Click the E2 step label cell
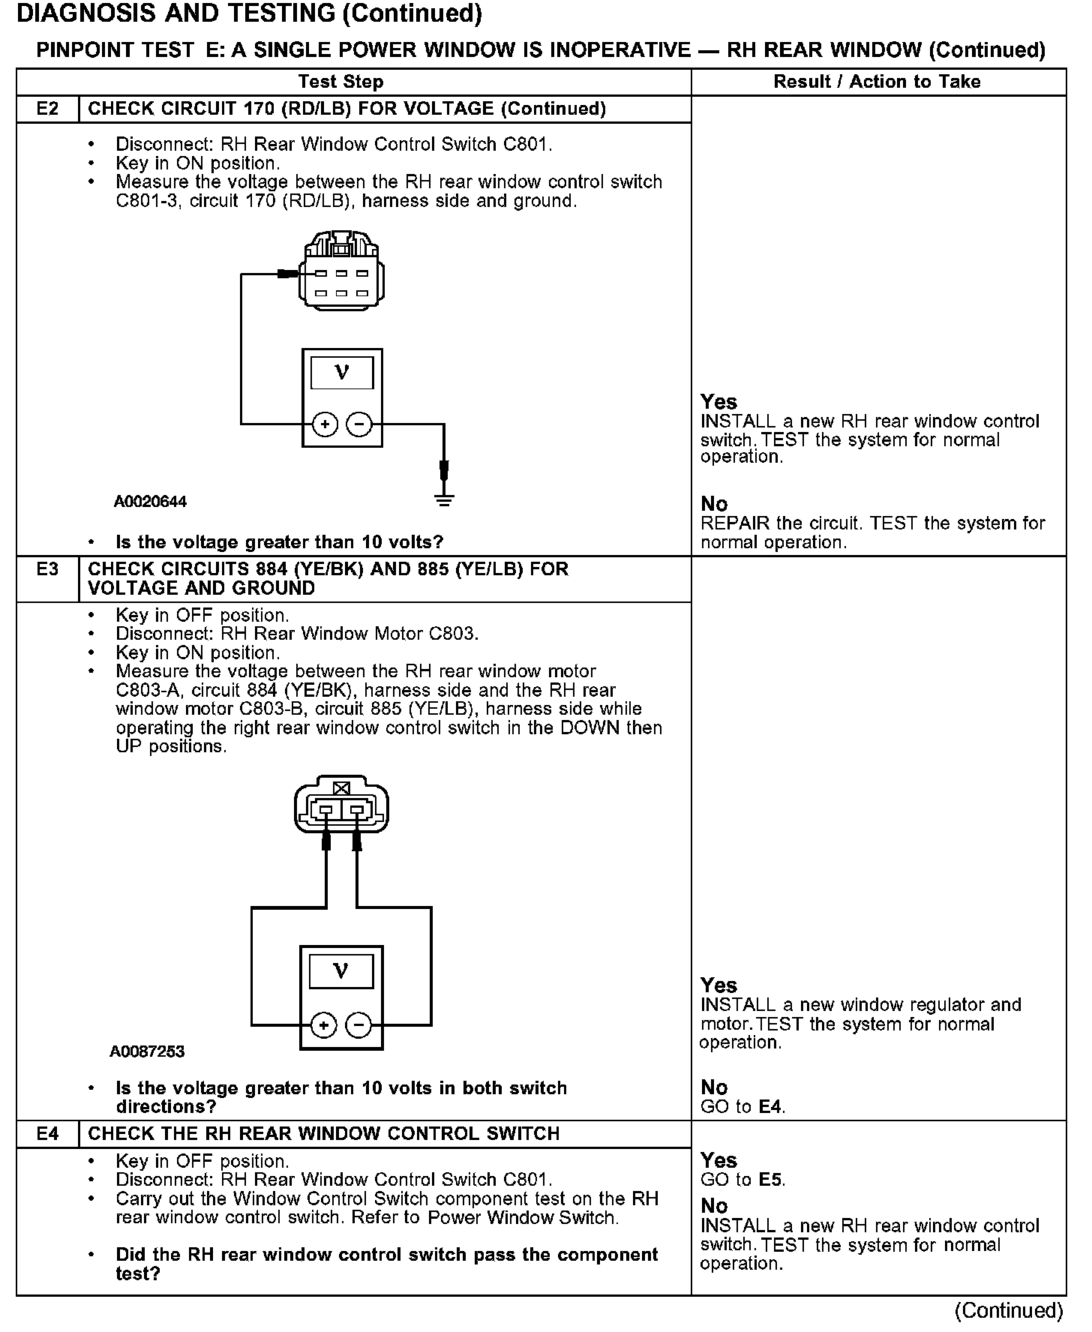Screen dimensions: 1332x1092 click(x=47, y=109)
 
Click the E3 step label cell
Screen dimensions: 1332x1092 click(x=47, y=569)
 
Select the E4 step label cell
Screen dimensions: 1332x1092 click(x=47, y=1133)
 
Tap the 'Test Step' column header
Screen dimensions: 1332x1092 click(x=340, y=82)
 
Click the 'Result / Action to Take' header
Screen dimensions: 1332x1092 click(x=877, y=82)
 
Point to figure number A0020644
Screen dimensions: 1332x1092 click(x=150, y=502)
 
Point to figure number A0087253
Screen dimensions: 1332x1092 click(x=147, y=1051)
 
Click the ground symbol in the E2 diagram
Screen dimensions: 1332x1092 click(x=444, y=499)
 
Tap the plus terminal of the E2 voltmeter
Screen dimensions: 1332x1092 click(x=325, y=425)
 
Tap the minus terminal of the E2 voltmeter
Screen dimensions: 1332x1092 click(x=359, y=425)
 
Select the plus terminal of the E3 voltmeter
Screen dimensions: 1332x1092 click(x=323, y=1024)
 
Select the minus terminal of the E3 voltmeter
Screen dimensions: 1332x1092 click(x=358, y=1024)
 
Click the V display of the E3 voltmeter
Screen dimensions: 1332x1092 click(x=340, y=972)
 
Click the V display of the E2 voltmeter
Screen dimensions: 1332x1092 click(x=342, y=373)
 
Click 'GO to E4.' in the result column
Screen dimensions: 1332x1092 click(x=742, y=1106)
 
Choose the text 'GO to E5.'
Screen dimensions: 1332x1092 click(x=742, y=1180)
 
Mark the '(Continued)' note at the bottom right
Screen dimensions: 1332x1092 click(x=1009, y=1310)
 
